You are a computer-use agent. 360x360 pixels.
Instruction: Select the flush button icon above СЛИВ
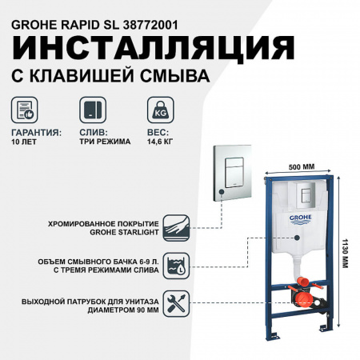(x=92, y=110)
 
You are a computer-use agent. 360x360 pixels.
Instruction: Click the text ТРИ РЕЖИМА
(x=100, y=143)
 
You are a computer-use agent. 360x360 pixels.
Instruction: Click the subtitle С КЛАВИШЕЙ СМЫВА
(x=107, y=77)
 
